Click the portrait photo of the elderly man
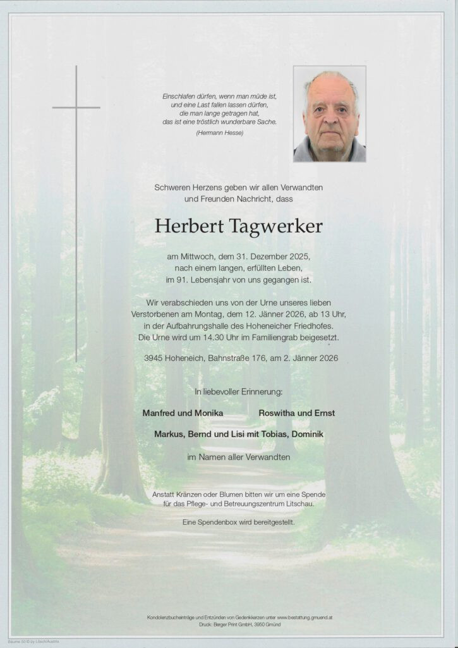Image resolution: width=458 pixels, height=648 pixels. (329, 114)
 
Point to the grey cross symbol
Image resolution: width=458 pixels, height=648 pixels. (76, 107)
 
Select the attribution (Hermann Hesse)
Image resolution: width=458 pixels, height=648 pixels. (220, 133)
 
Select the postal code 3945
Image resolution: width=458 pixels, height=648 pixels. (155, 358)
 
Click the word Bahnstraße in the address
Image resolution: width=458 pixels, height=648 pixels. (230, 358)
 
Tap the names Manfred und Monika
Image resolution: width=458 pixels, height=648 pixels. (183, 413)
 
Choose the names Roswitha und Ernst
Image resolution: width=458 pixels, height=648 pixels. (297, 413)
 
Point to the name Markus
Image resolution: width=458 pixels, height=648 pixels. (171, 434)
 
